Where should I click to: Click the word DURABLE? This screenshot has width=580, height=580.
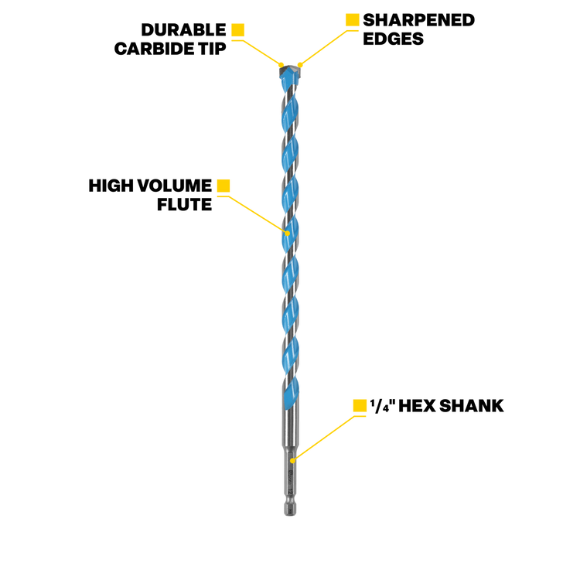pos(183,30)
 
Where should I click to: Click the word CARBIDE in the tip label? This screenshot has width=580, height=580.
pos(154,49)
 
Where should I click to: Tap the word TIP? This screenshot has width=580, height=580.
pos(212,49)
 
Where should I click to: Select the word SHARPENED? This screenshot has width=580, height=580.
pos(418,20)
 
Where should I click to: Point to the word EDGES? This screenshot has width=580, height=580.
pos(393,39)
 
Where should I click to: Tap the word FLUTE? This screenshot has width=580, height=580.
pos(185,205)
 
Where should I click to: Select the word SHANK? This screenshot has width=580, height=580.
pos(472,406)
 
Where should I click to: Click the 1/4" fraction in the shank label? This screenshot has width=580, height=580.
pos(383,405)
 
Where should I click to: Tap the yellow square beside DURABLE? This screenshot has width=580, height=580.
pos(238,30)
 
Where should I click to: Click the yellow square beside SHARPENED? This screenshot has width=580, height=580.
pos(352,20)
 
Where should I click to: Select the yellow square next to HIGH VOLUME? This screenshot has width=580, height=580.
pos(223,186)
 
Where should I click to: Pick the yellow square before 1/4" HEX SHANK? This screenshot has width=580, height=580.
pos(360,406)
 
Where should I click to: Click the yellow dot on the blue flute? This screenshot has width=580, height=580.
pos(288,234)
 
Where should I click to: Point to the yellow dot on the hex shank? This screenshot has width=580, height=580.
pos(292,461)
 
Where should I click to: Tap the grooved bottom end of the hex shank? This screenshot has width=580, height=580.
pos(290,509)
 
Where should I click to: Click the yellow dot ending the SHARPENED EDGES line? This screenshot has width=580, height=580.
pos(300,65)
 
